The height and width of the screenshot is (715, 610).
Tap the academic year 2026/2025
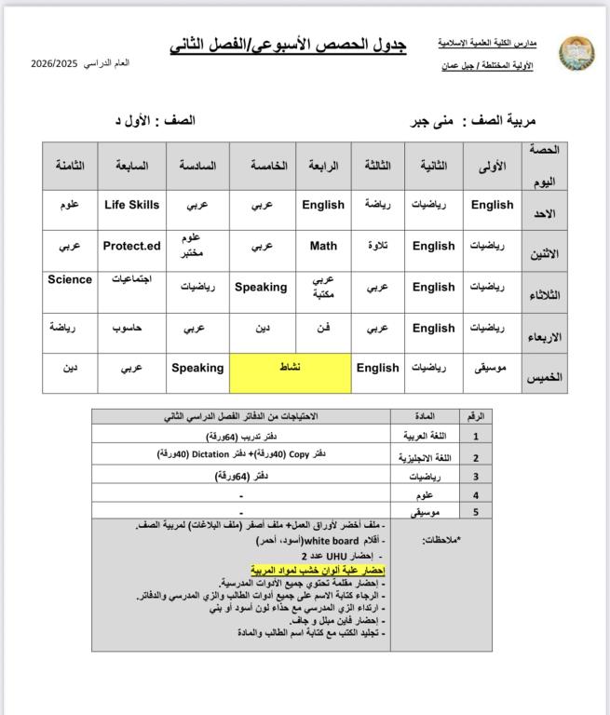point(53,63)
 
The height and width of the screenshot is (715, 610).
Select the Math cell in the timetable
point(323,247)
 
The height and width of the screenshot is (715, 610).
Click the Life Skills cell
point(131,205)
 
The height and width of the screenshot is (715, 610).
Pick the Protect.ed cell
point(131,247)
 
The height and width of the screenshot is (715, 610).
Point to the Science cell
point(70,279)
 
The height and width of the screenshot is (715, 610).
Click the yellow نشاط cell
point(290,368)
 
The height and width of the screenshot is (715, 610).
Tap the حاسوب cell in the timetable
point(131,329)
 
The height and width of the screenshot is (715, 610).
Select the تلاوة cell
point(377,247)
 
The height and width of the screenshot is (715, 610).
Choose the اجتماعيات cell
point(131,279)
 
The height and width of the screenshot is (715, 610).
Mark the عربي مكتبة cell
point(323,287)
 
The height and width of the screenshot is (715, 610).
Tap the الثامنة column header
point(70,166)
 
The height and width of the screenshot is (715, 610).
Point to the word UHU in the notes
point(332,555)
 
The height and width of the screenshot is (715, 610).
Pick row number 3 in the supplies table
point(476,477)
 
